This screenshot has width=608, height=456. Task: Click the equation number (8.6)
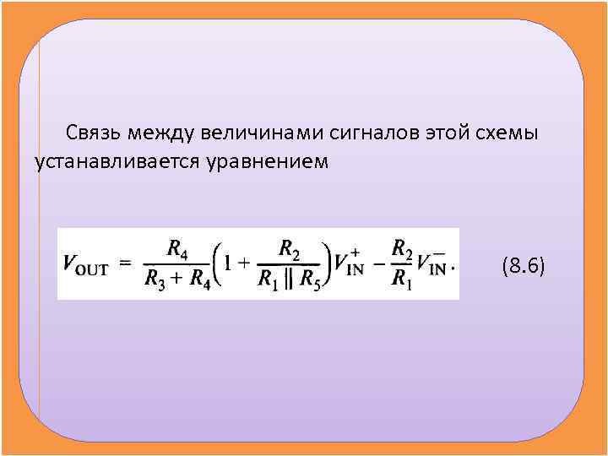coord(524,267)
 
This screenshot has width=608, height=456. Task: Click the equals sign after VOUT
coord(125,263)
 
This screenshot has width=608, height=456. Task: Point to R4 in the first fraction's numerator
coord(177,249)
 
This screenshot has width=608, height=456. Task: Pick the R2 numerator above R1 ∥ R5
coord(289,249)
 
